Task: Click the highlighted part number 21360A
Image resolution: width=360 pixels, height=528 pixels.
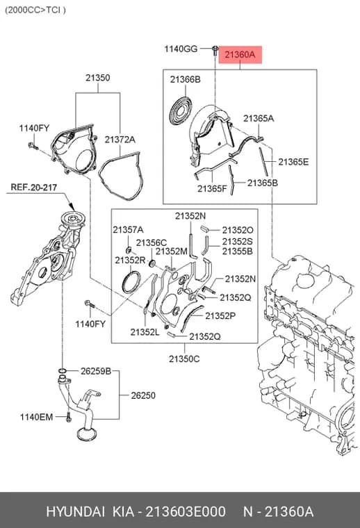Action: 240,55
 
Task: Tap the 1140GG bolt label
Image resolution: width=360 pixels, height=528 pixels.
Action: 181,49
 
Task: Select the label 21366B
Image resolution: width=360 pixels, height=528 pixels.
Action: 186,79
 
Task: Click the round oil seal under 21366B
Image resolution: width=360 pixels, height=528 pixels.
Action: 180,110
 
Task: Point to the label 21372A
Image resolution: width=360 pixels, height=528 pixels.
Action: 120,140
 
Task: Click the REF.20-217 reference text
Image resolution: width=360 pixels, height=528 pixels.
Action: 33,187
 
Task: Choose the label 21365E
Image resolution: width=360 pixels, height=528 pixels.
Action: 293,162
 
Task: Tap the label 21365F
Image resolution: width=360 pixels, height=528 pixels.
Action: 212,188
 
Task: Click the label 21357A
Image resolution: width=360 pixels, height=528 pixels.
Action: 128,230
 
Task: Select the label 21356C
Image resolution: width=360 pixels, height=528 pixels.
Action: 152,242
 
